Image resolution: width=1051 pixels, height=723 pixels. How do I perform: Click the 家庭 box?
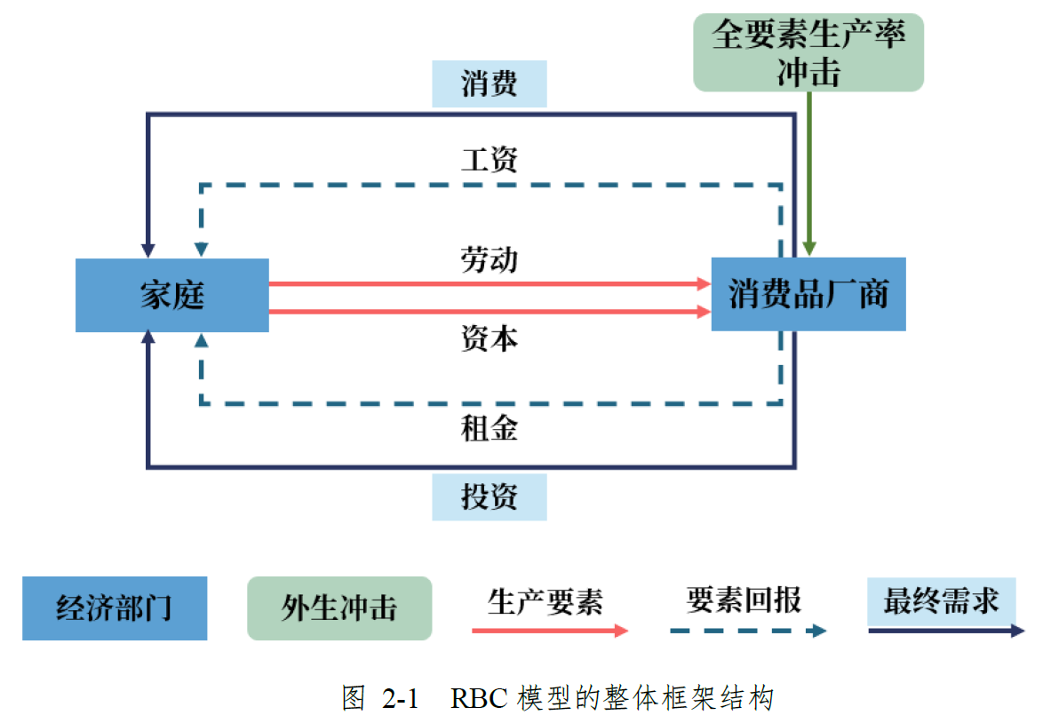click(x=171, y=295)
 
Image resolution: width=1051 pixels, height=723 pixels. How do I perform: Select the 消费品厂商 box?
click(x=808, y=294)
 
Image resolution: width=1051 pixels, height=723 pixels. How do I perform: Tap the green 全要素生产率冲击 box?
click(x=808, y=52)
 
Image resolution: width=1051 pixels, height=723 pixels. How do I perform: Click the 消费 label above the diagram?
click(x=490, y=84)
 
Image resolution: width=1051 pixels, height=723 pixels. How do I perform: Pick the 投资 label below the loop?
click(x=490, y=497)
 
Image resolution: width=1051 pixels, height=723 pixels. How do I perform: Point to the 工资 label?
click(x=490, y=160)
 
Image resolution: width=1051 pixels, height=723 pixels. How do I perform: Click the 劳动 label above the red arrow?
click(x=490, y=259)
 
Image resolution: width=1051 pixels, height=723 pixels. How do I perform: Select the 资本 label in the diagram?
click(x=490, y=338)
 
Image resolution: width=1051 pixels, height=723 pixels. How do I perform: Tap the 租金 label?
click(x=490, y=429)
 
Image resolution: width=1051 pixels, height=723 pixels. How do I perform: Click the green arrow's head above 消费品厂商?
click(x=808, y=247)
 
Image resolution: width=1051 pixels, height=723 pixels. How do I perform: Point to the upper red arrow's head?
click(x=704, y=283)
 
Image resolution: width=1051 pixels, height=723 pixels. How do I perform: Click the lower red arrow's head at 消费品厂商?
click(x=704, y=312)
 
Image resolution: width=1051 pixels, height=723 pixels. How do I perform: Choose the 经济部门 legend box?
click(x=115, y=608)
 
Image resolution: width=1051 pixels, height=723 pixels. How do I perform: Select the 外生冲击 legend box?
click(x=339, y=608)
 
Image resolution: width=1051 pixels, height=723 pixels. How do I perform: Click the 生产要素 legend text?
click(x=545, y=602)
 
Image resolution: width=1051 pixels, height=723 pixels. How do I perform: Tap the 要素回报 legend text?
click(x=744, y=600)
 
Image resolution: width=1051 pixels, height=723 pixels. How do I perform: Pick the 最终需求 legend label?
click(x=941, y=601)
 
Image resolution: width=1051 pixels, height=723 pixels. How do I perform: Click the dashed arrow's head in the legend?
click(x=818, y=631)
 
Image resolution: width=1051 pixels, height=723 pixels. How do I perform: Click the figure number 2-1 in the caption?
click(x=400, y=698)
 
